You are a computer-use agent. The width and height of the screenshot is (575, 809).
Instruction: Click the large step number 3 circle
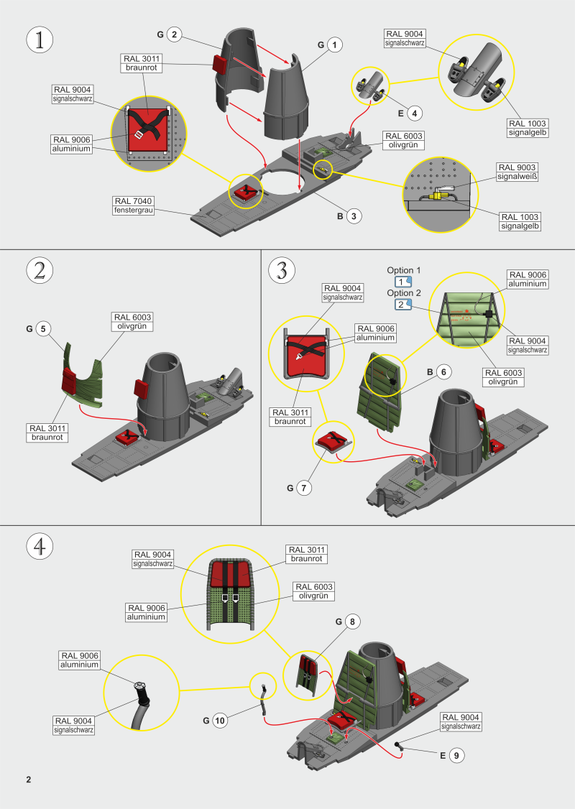click(282, 271)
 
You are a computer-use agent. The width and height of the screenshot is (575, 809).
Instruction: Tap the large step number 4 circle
click(40, 546)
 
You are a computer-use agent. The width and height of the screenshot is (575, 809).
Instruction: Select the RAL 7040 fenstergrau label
click(135, 205)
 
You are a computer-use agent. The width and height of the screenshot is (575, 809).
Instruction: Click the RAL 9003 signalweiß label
click(517, 172)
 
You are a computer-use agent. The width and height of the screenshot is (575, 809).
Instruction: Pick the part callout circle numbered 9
click(456, 755)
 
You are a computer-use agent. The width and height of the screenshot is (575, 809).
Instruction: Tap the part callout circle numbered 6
click(443, 371)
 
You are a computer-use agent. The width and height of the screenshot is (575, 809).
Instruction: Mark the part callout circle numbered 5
click(43, 329)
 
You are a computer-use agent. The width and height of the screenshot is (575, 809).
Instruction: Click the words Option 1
click(404, 270)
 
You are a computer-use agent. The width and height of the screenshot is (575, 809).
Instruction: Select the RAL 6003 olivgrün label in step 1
click(404, 140)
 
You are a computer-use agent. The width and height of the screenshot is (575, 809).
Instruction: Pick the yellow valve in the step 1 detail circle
click(436, 195)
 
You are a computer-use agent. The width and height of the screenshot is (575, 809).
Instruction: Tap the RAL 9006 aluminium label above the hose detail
click(80, 660)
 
